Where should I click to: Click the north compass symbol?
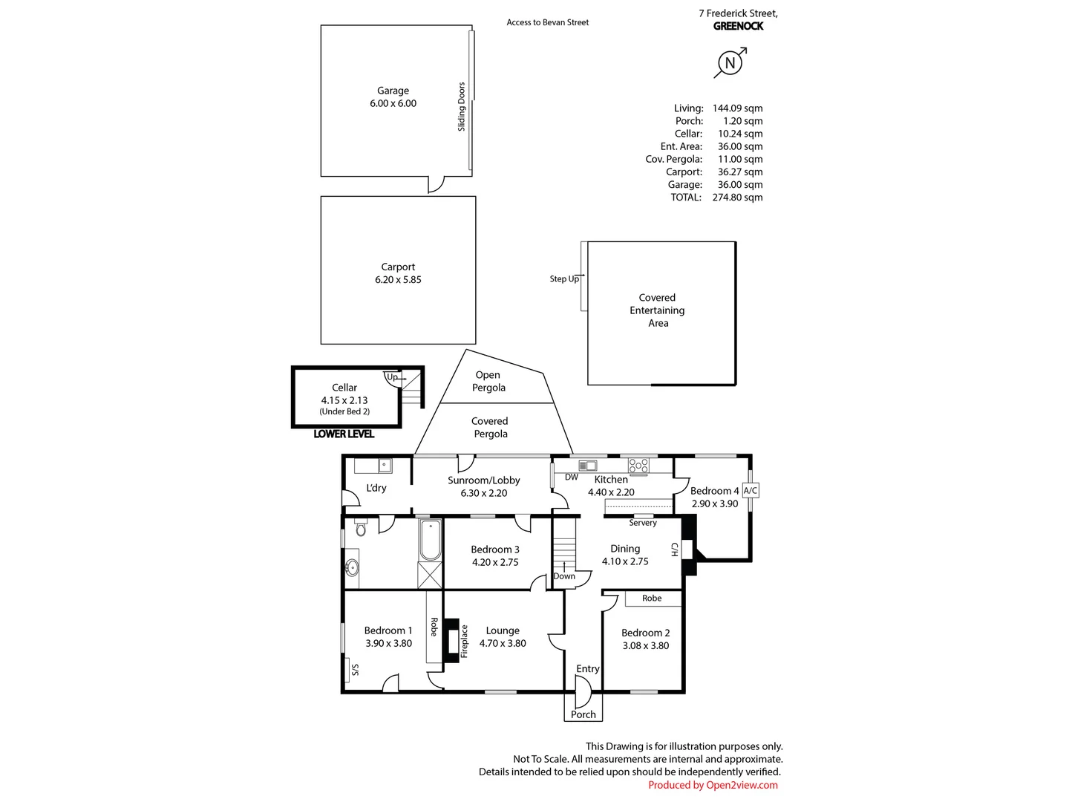tap(730, 63)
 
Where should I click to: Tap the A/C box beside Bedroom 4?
tap(750, 490)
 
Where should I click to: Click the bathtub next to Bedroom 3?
tap(431, 540)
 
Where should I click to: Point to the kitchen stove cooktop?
tap(638, 465)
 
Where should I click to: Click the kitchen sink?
tap(588, 466)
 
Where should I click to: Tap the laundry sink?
tap(385, 466)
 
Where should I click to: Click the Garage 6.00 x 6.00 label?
tap(393, 97)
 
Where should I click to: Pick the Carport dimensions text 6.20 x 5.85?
tap(398, 279)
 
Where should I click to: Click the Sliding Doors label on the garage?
tap(461, 107)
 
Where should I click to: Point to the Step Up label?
tap(564, 279)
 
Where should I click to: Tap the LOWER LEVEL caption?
tap(344, 434)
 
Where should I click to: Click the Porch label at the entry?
tap(583, 714)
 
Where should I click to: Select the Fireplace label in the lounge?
tap(464, 642)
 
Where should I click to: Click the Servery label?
tap(643, 523)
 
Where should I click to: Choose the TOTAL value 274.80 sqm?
tap(737, 198)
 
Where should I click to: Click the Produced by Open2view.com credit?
tap(713, 785)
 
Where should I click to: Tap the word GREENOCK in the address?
tap(739, 26)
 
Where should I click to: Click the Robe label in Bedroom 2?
tap(652, 598)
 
